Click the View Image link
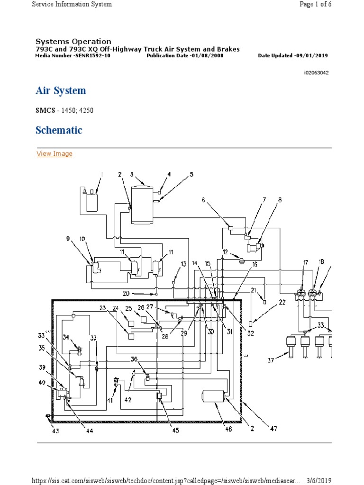tap(55, 153)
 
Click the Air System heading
tap(61, 91)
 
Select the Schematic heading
tap(59, 130)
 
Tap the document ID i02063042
tap(316, 73)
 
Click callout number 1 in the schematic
tap(101, 175)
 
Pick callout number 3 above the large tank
tap(132, 174)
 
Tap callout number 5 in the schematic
tap(191, 174)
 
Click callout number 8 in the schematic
tap(280, 200)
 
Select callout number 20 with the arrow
tap(126, 293)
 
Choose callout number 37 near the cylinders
tap(271, 361)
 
